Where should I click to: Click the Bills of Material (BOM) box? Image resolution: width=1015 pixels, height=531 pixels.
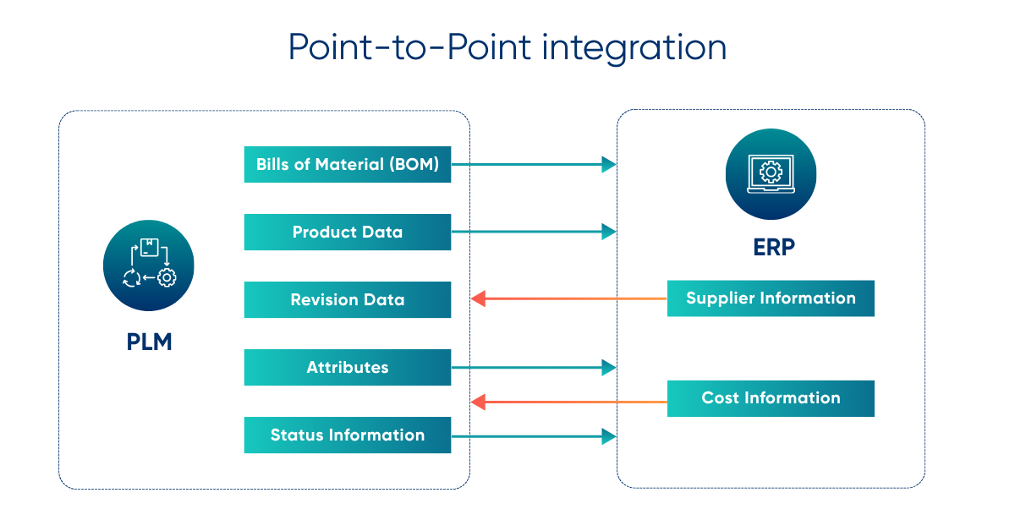(347, 165)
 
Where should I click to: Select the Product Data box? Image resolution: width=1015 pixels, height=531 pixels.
(347, 232)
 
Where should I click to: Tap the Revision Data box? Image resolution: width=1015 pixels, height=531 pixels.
(347, 299)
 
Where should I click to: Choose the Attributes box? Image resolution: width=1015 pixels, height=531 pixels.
(347, 367)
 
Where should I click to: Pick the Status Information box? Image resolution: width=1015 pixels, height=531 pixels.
(347, 435)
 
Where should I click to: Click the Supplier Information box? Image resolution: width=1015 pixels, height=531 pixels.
(771, 298)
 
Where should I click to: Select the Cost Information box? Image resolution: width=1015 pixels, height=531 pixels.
(771, 398)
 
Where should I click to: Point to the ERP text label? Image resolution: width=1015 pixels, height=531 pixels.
(771, 247)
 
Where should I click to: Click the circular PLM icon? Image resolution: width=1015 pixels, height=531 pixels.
(148, 265)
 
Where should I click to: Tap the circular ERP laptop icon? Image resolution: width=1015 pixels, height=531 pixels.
(771, 173)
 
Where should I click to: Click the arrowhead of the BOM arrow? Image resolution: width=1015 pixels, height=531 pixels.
(609, 165)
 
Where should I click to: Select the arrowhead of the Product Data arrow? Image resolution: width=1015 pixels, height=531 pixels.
(609, 232)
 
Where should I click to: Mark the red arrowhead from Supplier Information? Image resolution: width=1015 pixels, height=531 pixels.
(478, 298)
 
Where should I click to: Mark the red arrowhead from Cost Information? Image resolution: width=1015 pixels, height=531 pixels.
(478, 402)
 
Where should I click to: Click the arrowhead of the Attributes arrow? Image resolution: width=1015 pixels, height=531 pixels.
(609, 367)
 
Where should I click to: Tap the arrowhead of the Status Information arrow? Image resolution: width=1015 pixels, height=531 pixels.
(609, 436)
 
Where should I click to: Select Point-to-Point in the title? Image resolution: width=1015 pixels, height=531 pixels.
(409, 47)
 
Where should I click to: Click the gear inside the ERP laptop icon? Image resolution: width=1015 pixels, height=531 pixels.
(771, 172)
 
